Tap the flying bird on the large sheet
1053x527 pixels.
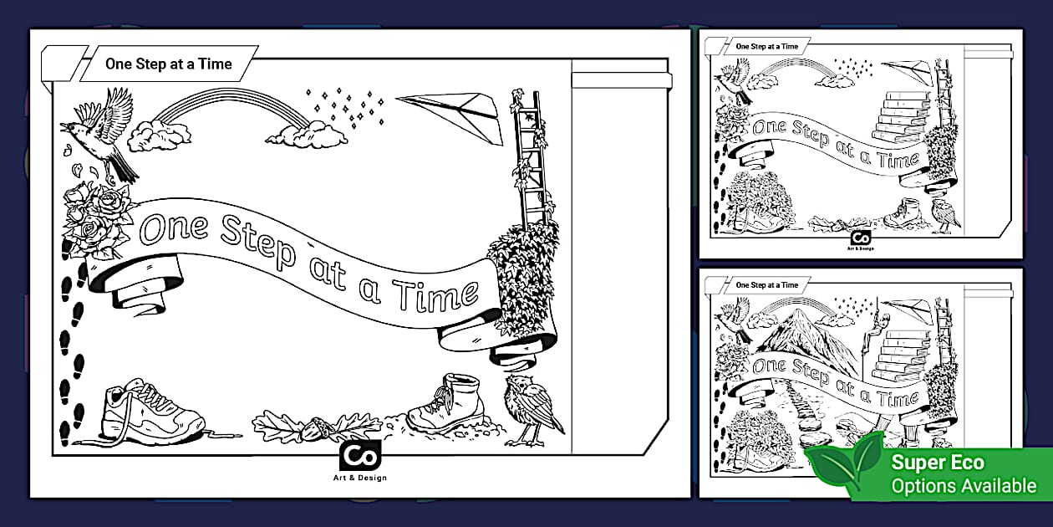[101, 134]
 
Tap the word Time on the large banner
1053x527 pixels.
[435, 296]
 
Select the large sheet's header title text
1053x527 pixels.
[168, 64]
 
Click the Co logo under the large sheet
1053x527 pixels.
[360, 455]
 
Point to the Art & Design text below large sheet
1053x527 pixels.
[360, 478]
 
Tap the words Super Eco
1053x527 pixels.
[938, 462]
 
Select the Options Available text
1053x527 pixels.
[964, 486]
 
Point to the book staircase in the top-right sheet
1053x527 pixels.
[900, 118]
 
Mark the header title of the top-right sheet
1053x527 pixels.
[766, 47]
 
